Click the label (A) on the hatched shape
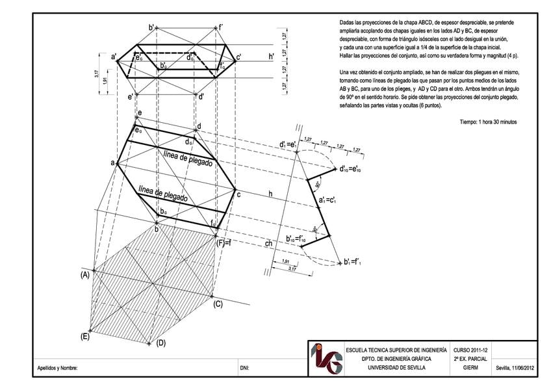(84, 275)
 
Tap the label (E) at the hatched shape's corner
(84, 336)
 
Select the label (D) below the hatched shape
(162, 343)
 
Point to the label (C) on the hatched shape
(218, 304)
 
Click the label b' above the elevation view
(152, 27)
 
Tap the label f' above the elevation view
(220, 27)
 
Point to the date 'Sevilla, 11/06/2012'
(516, 368)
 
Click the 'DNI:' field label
(245, 369)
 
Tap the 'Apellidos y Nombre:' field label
(58, 369)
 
